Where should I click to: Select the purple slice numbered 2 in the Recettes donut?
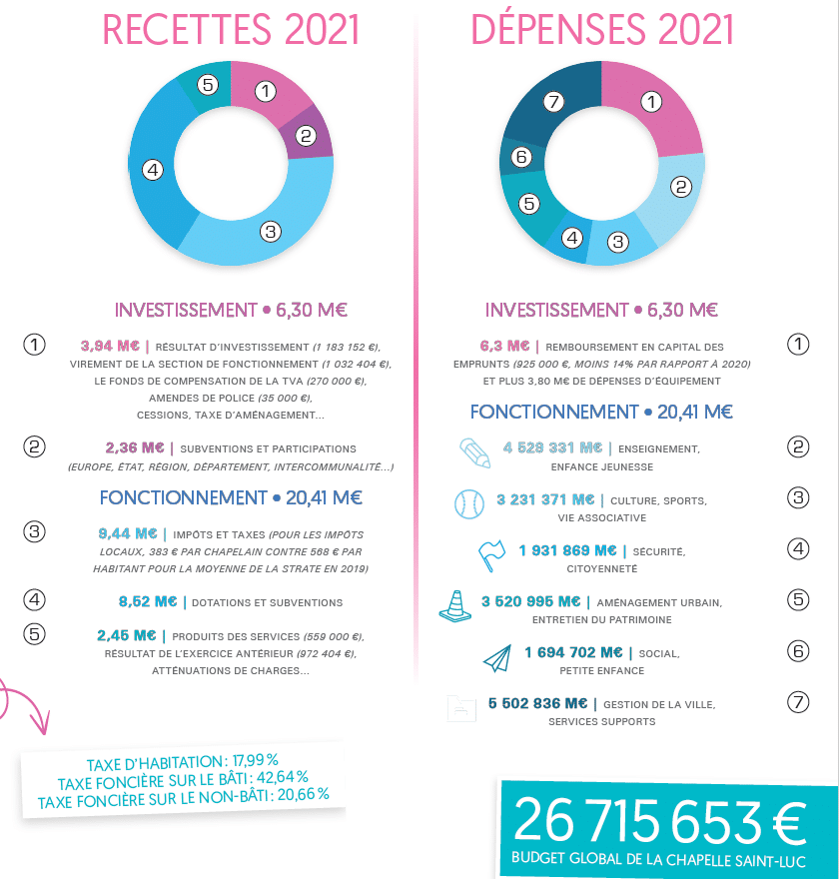tap(309, 135)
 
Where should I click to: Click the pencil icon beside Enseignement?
tap(475, 452)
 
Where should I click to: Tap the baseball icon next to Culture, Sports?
tap(468, 503)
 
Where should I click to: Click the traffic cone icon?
tap(454, 605)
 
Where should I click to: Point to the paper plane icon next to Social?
tap(496, 657)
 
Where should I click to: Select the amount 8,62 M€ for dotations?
tap(147, 601)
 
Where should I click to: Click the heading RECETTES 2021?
tap(231, 30)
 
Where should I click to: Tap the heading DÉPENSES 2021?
tap(602, 30)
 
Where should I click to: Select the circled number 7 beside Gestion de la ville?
tap(797, 702)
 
